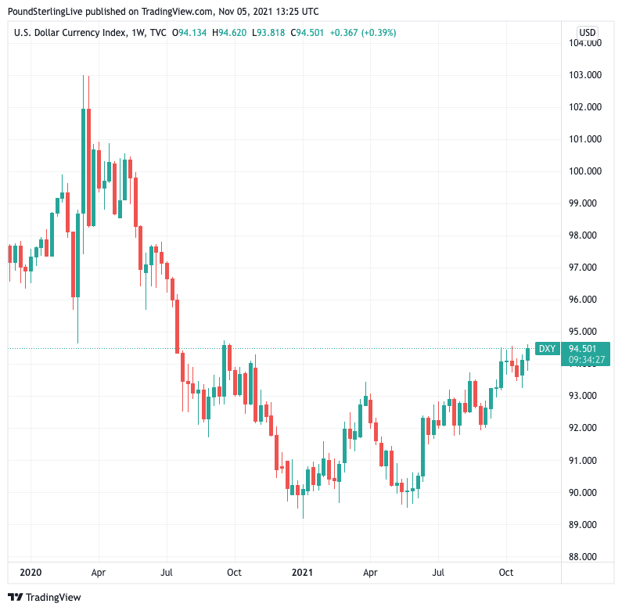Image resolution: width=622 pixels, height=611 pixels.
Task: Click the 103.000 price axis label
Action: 584,75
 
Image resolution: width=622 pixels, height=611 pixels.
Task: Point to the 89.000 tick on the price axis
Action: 584,525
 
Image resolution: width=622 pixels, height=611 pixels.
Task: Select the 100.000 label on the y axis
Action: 584,171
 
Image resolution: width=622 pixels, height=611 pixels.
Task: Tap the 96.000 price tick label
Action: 584,300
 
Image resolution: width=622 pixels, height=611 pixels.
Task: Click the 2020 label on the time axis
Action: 31,573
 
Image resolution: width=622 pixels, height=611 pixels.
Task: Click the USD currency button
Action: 587,32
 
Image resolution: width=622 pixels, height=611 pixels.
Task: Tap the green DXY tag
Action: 548,349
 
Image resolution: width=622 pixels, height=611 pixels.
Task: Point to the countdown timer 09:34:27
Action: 586,360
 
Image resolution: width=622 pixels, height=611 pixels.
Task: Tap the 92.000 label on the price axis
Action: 584,428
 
